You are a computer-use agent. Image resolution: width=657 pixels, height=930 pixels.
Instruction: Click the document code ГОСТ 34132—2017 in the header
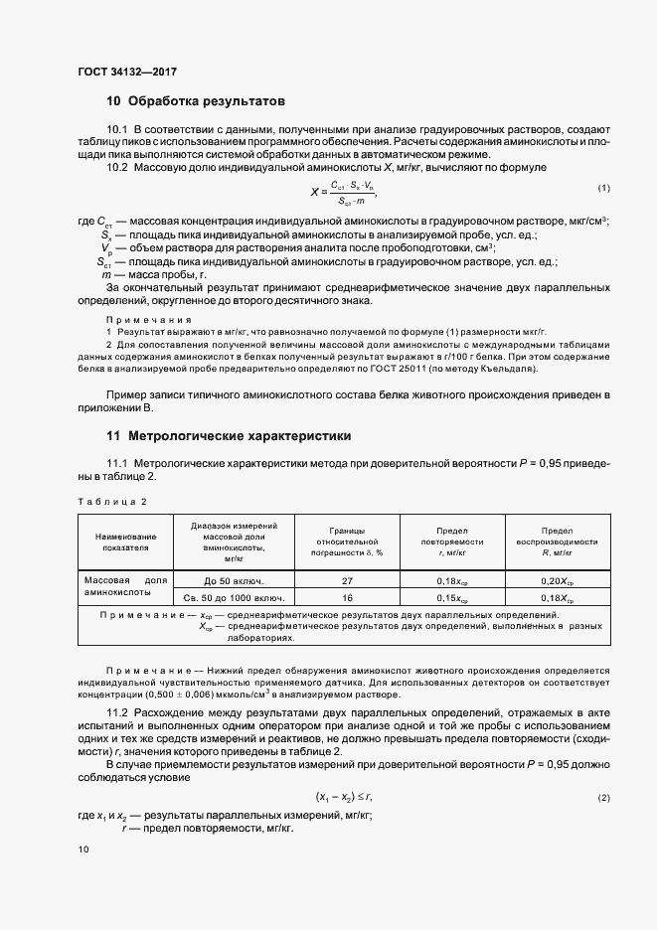tap(126, 71)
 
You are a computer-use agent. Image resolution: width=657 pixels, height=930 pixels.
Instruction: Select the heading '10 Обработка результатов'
tap(196, 101)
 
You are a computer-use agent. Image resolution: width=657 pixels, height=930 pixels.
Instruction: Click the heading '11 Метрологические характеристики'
tap(228, 436)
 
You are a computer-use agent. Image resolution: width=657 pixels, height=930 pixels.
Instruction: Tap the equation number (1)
tap(603, 189)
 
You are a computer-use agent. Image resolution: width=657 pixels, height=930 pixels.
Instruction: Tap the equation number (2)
tap(603, 771)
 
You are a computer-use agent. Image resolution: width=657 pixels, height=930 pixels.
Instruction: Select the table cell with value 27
tap(347, 579)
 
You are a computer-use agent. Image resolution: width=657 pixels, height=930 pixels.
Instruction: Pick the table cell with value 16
tap(347, 598)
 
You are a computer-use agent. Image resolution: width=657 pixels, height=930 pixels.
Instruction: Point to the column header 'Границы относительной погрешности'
tap(347, 542)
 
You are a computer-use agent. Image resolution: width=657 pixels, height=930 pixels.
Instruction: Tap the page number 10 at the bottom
tap(83, 850)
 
